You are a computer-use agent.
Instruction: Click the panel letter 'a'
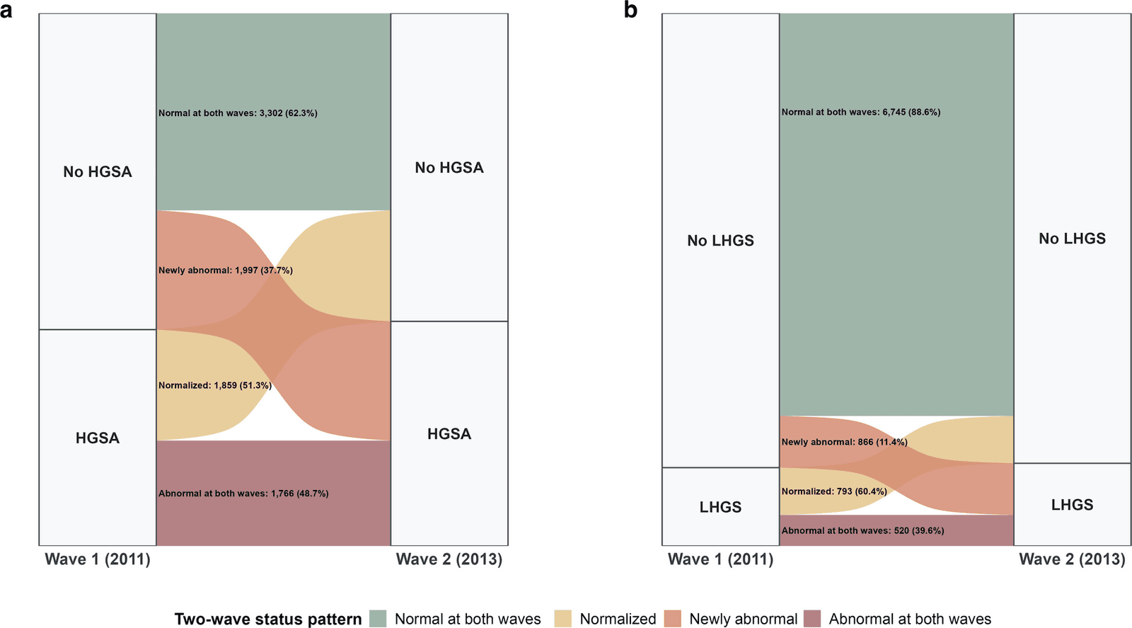[x=6, y=11]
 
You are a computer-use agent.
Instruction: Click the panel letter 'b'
[x=630, y=10]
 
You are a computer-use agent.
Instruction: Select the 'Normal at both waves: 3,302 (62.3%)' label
[x=238, y=113]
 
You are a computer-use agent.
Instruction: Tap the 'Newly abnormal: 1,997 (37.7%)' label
[x=226, y=270]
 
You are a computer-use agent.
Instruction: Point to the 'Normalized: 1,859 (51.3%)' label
[x=215, y=385]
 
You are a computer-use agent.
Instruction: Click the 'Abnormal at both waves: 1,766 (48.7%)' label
[x=243, y=493]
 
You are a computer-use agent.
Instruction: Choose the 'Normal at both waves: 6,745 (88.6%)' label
[x=861, y=113]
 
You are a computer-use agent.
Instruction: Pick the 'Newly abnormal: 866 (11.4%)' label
[x=845, y=442]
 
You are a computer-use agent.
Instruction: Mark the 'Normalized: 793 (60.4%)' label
[x=834, y=491]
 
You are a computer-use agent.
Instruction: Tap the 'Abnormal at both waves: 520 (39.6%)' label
[x=862, y=531]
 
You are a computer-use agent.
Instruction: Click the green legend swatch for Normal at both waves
[x=378, y=619]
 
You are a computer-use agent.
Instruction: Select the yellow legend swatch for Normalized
[x=563, y=619]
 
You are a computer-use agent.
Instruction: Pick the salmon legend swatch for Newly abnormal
[x=673, y=619]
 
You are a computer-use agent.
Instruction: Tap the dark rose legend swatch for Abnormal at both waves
[x=812, y=619]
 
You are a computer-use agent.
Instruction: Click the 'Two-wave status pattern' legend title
[x=268, y=620]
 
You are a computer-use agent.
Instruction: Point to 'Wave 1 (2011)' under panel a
[x=98, y=559]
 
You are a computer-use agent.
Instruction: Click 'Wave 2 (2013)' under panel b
[x=1073, y=559]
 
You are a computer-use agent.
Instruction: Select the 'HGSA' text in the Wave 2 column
[x=449, y=434]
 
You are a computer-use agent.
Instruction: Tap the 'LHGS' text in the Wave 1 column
[x=721, y=507]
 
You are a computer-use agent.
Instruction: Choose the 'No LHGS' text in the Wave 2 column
[x=1073, y=239]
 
